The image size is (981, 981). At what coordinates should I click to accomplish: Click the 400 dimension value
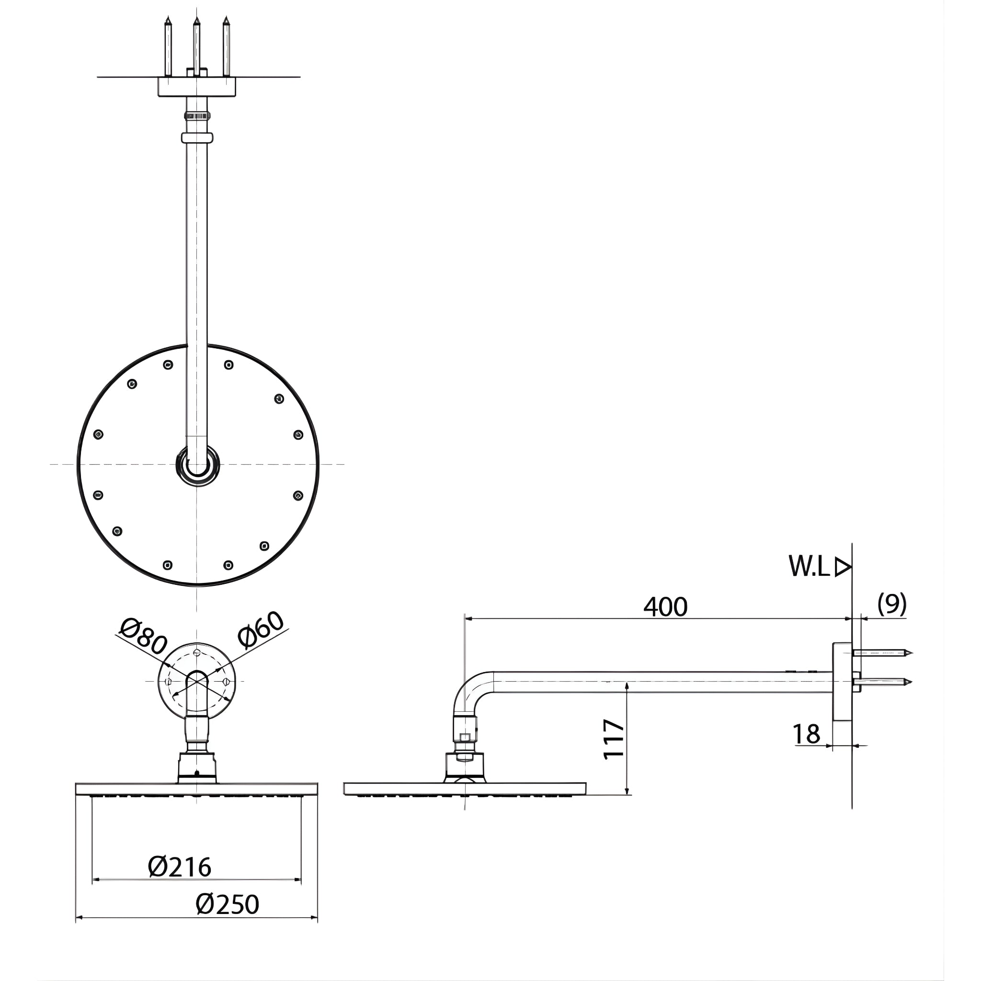pyautogui.click(x=665, y=607)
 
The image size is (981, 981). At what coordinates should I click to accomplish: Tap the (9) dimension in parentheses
pyautogui.click(x=892, y=604)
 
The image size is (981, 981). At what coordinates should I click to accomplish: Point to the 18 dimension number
pyautogui.click(x=806, y=734)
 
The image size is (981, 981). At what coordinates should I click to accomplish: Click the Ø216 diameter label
pyautogui.click(x=179, y=867)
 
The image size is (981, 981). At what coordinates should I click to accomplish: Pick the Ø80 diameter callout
pyautogui.click(x=144, y=637)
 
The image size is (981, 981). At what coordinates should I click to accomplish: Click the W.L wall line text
pyautogui.click(x=810, y=566)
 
